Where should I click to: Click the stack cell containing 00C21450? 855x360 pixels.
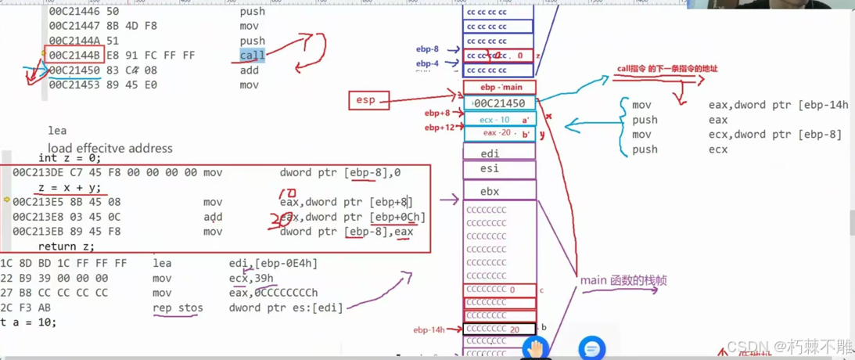point(499,103)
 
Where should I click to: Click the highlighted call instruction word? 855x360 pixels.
point(252,56)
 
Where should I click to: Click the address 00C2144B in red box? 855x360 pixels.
point(74,56)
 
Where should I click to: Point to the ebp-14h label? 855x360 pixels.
point(429,330)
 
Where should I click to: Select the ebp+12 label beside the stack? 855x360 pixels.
point(439,128)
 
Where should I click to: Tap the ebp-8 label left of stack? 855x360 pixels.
point(427,49)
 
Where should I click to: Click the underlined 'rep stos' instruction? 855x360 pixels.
point(178,308)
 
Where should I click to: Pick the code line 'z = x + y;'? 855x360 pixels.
point(69,188)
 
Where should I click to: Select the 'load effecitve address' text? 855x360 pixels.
point(110,148)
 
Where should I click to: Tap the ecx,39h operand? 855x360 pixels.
point(251,278)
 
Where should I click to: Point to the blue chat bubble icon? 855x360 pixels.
point(591,347)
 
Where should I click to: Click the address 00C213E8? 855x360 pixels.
point(44,217)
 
